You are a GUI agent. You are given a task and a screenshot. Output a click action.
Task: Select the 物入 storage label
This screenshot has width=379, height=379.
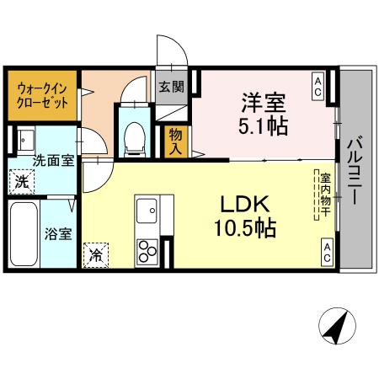176,139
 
